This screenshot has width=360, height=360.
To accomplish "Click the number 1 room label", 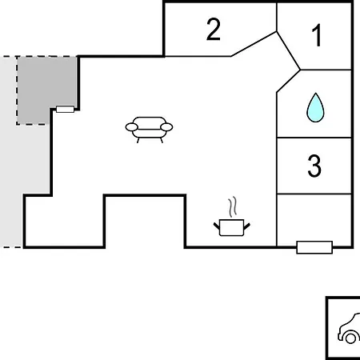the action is [x=317, y=35].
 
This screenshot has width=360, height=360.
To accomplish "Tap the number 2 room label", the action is [x=214, y=29].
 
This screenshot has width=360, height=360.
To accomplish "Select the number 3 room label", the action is [x=314, y=166].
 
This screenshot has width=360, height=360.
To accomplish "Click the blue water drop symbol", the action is [x=315, y=107].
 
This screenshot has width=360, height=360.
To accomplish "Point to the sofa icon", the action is [x=149, y=130].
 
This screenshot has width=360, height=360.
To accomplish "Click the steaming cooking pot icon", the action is [x=231, y=217].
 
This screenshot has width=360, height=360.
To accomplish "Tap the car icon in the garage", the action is [x=350, y=329].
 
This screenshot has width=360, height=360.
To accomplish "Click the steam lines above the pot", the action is [x=233, y=206].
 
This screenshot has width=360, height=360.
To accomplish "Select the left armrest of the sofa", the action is [x=131, y=127].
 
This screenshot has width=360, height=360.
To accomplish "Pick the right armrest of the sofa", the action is [x=166, y=127].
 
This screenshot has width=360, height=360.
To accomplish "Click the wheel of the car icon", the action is [x=350, y=338].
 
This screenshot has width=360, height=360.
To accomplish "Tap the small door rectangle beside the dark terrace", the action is [x=65, y=109].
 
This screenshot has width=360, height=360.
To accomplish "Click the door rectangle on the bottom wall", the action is [x=314, y=247].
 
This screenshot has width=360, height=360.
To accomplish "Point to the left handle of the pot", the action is [x=217, y=226].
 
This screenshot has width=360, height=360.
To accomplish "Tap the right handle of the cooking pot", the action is [x=247, y=226].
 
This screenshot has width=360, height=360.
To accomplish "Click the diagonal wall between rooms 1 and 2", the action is [x=289, y=50].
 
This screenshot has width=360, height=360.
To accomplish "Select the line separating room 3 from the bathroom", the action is [x=314, y=138].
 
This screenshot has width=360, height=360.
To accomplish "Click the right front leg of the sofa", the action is [x=162, y=141].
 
